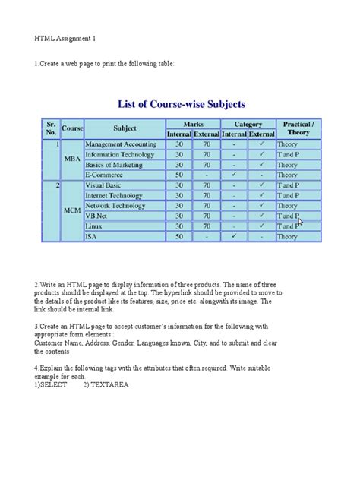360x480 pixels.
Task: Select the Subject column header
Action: point(125,128)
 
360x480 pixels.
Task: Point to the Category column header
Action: point(248,124)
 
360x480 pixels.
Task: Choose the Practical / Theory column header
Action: point(298,128)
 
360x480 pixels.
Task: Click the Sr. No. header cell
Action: point(51,128)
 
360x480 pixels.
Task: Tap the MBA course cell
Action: point(72,159)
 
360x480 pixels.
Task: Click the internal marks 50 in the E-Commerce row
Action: point(179,175)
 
